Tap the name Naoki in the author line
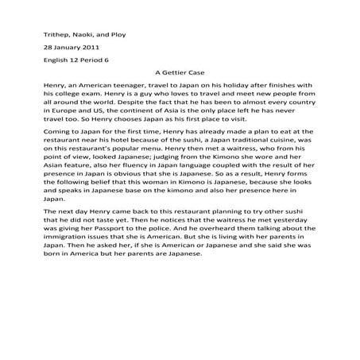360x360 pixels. click(x=86, y=35)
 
